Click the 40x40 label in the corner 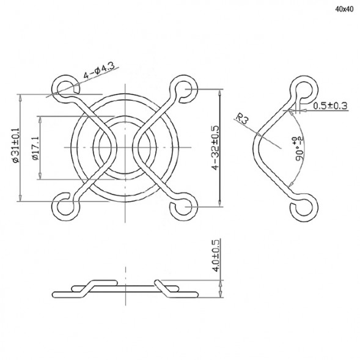pyautogui.click(x=344, y=9)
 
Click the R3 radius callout pyautogui.click(x=243, y=119)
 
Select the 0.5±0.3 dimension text pyautogui.click(x=330, y=106)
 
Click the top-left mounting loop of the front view pyautogui.click(x=63, y=87)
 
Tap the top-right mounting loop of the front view pyautogui.click(x=183, y=88)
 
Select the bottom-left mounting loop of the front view pyautogui.click(x=64, y=207)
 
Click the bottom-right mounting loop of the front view pyautogui.click(x=183, y=207)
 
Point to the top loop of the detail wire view pyautogui.click(x=302, y=88)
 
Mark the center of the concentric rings pyautogui.click(x=123, y=147)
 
